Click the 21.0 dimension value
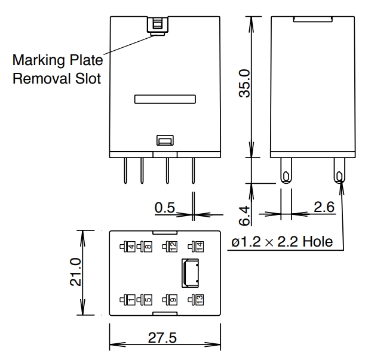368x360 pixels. click(75, 272)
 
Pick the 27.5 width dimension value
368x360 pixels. click(163, 338)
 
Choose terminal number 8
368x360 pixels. click(148, 245)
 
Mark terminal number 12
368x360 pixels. click(173, 245)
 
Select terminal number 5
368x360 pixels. click(148, 299)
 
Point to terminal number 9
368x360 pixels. click(173, 299)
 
